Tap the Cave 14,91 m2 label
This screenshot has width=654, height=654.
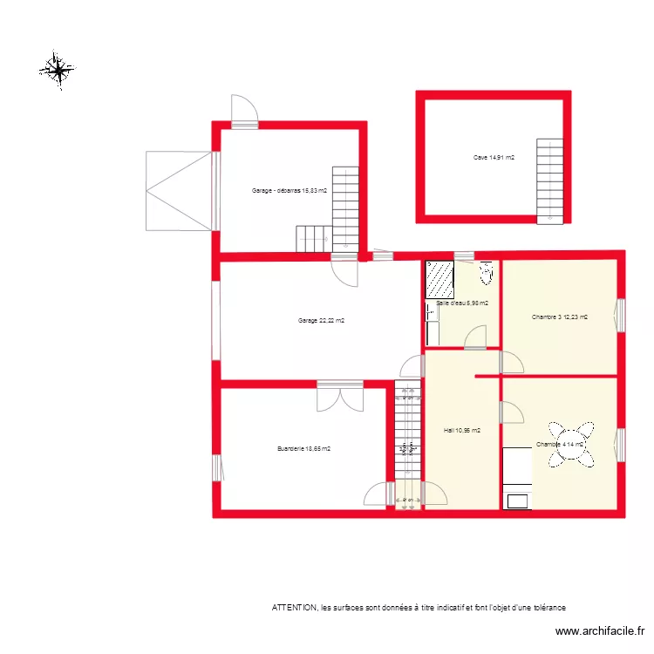point(494,158)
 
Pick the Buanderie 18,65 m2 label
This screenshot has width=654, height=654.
point(303,449)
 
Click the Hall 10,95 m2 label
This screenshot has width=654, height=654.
point(461,430)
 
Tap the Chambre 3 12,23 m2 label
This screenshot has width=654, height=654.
point(560,317)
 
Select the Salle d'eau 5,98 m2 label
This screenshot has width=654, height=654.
point(461,303)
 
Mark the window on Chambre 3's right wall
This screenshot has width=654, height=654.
point(621,316)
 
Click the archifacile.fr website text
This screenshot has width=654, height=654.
point(601,632)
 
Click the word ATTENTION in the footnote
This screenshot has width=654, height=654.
point(295,607)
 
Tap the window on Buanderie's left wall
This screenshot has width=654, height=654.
point(215,467)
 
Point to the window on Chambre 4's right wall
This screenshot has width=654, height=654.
point(621,444)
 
